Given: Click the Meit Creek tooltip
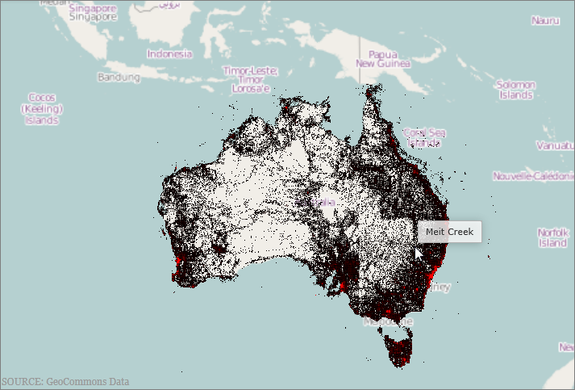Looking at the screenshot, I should (x=449, y=232).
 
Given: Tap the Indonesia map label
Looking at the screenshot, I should (x=169, y=54).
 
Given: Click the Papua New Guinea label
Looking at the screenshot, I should (x=382, y=57).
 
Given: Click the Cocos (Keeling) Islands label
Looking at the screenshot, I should (x=41, y=108).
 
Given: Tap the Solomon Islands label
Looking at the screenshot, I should (x=515, y=89).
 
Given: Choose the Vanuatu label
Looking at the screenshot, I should (x=555, y=146).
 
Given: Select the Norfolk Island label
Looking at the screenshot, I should (x=553, y=237).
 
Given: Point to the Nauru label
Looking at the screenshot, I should (x=544, y=19).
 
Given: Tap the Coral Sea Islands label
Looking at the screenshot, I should (x=424, y=137).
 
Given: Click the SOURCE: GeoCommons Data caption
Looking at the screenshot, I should (x=65, y=382).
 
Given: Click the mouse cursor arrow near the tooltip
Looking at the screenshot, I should (x=419, y=252).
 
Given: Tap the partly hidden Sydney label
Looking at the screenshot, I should (x=441, y=287).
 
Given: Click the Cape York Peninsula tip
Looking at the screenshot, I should (x=372, y=90).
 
